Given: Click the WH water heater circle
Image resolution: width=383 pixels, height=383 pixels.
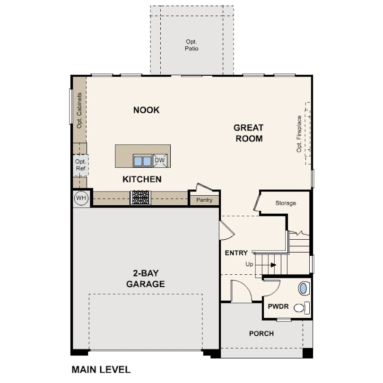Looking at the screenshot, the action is (81, 198).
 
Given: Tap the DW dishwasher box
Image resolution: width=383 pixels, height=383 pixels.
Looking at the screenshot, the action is (160, 160).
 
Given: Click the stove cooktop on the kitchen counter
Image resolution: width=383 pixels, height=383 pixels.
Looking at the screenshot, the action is (140, 198).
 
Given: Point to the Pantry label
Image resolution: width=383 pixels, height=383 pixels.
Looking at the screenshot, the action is (204, 200).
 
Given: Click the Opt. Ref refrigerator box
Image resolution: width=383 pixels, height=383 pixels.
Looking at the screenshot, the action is (80, 165).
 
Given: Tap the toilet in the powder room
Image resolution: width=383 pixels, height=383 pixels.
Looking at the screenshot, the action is (302, 308).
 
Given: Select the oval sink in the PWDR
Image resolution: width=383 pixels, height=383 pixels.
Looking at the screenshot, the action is (303, 288).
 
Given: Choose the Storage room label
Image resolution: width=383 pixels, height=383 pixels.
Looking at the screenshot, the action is (286, 203).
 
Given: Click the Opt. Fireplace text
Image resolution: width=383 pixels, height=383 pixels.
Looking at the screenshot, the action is (299, 134).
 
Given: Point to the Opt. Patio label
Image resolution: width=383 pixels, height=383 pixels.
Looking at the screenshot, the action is (191, 45).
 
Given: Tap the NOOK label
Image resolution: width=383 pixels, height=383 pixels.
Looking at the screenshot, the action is (146, 110).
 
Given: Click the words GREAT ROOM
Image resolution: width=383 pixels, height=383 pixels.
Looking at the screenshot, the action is (249, 133).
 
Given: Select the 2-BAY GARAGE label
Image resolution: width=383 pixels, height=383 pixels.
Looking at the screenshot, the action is (146, 279).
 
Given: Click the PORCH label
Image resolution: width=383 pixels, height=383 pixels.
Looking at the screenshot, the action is (261, 334).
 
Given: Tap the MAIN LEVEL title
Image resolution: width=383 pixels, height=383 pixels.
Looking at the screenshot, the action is (101, 370).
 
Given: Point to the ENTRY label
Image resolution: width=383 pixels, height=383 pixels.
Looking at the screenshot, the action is (236, 253).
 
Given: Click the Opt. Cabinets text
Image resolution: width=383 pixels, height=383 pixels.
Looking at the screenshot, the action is (79, 110).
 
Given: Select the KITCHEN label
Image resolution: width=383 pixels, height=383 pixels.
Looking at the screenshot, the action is (142, 179).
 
